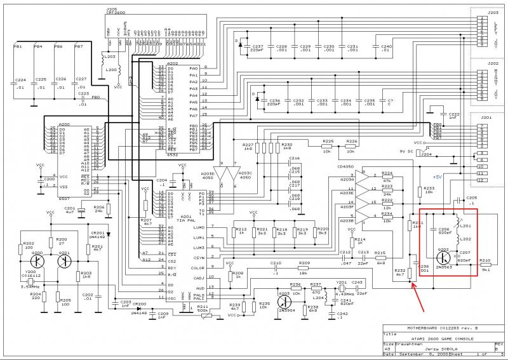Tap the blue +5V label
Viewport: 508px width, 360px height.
point(438,176)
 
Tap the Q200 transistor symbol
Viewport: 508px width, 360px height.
point(40,260)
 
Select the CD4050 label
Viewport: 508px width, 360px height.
point(346,166)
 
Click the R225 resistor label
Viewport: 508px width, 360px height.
point(328,141)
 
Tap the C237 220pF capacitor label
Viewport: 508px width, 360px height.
point(258,49)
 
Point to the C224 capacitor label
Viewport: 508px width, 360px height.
point(20,79)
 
